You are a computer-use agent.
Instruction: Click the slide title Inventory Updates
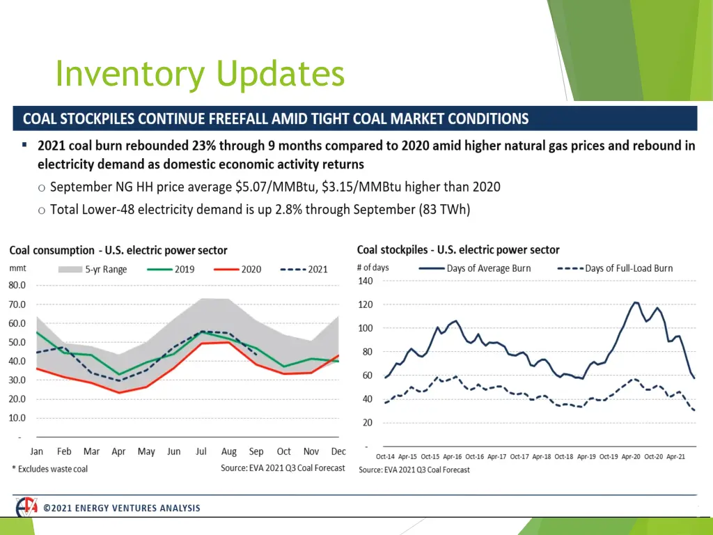coord(200,74)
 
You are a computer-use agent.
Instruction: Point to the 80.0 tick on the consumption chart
coord(17,285)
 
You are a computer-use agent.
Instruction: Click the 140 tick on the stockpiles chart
coord(366,281)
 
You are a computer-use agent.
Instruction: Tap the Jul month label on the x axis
coord(201,451)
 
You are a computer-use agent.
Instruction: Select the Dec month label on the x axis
coord(339,451)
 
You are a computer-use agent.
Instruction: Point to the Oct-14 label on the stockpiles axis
coord(386,456)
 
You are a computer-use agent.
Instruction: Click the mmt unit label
coord(17,267)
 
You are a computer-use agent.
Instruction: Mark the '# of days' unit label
coord(373,267)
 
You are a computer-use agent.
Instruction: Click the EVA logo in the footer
coord(27,508)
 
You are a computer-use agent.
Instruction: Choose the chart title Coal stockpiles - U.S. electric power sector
coord(458,249)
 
